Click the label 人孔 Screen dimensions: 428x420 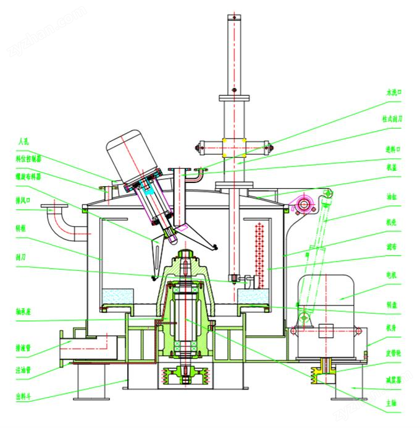pyautogui.click(x=24, y=142)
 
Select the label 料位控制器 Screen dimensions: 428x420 pyautogui.click(x=28, y=158)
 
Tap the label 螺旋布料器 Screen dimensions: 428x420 pyautogui.click(x=28, y=176)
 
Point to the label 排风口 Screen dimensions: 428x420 pyautogui.click(x=24, y=201)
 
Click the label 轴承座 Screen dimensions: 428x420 pyautogui.click(x=24, y=312)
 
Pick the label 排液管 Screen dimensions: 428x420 pyautogui.click(x=24, y=348)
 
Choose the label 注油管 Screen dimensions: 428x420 pyautogui.click(x=24, y=370)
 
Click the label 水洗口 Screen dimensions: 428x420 pyautogui.click(x=394, y=93)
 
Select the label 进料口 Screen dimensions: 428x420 pyautogui.click(x=394, y=149)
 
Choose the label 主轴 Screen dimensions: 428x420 pyautogui.click(x=390, y=402)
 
